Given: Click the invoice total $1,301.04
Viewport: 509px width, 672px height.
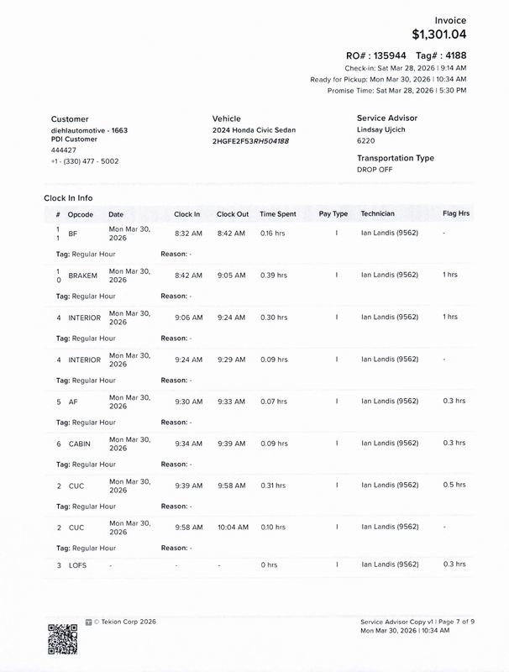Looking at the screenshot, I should (438, 34).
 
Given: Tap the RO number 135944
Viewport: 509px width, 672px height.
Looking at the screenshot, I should (389, 55).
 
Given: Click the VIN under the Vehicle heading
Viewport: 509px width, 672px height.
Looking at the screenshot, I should (250, 141).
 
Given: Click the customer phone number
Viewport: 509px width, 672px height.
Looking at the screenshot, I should (85, 161).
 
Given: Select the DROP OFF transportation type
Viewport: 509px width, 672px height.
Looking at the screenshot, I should (375, 170).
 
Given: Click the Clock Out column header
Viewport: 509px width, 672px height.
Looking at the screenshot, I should (233, 214).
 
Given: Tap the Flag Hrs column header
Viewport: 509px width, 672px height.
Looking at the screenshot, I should (456, 214).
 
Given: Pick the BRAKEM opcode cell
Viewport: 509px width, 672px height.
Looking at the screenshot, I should (82, 276).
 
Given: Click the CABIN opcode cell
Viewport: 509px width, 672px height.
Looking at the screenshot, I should (79, 444).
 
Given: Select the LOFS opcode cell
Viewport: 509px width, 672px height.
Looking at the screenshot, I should (77, 565).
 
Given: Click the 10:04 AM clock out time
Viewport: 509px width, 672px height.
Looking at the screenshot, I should (233, 528).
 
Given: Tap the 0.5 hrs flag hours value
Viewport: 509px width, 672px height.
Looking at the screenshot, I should (454, 485).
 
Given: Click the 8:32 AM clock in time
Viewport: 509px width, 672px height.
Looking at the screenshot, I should (188, 234).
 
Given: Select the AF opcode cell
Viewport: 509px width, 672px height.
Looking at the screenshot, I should (73, 402).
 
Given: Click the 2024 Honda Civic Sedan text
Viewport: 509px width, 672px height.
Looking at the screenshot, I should (254, 130).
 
